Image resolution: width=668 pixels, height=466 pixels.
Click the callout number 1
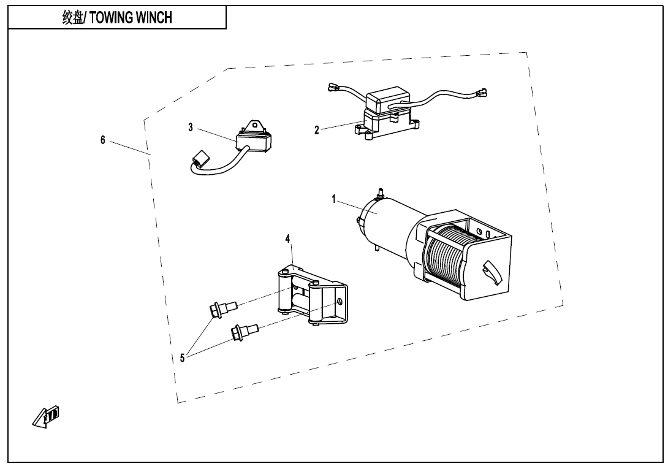[334, 199]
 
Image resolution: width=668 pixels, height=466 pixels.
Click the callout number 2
[316, 129]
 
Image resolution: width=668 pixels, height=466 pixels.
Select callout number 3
[191, 127]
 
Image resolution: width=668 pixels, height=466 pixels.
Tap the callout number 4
[287, 239]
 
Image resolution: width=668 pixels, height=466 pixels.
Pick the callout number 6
[103, 140]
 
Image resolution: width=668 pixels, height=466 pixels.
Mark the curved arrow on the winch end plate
[493, 272]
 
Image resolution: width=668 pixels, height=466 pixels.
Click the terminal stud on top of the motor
[380, 193]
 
